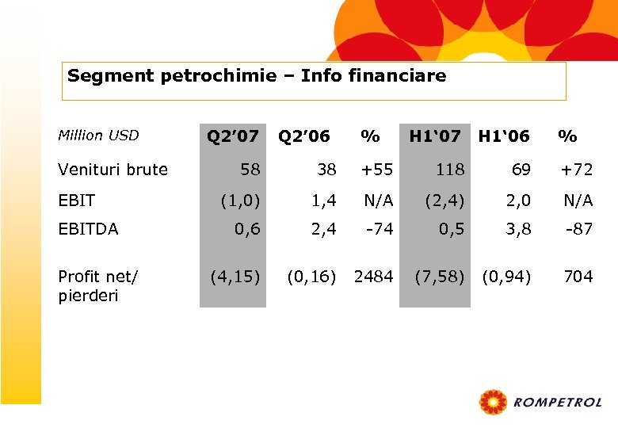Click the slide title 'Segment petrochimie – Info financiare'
[x=257, y=77]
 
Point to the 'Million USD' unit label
[x=98, y=136]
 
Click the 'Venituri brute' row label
[x=113, y=169]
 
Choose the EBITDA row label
[x=89, y=229]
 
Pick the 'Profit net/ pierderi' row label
[x=98, y=285]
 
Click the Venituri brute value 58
[x=250, y=169]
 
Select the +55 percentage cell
[x=377, y=169]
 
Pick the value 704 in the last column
[x=578, y=277]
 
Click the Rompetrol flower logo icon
[x=494, y=403]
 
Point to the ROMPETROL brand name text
[x=558, y=403]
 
